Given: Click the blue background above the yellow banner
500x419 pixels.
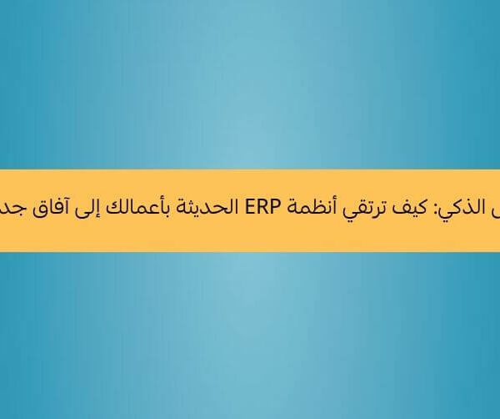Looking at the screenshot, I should (x=250, y=83).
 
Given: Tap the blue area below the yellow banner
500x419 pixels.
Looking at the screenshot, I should (x=250, y=334).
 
